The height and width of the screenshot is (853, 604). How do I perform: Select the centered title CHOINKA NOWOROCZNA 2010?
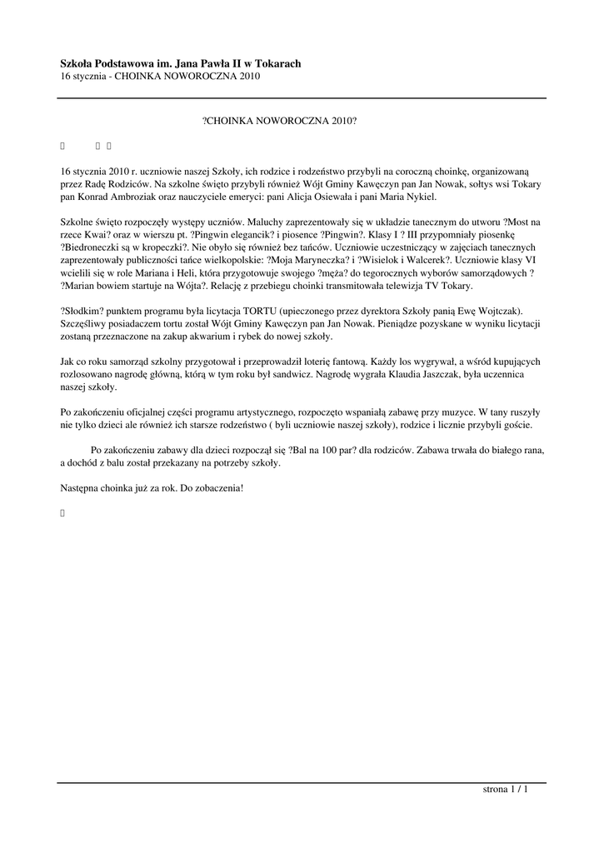(x=280, y=121)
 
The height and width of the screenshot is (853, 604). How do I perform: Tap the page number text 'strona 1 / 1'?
(x=506, y=789)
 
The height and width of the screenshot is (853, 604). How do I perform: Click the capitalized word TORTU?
(x=260, y=311)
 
